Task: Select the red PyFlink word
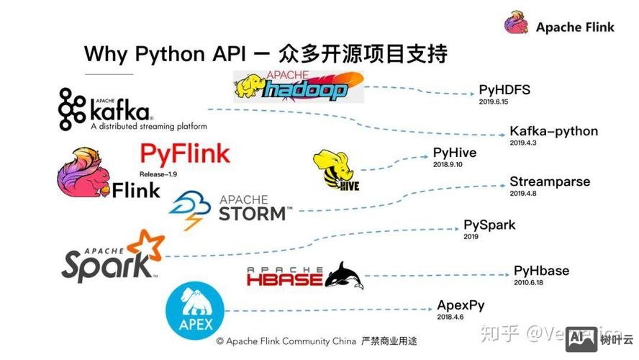point(185,153)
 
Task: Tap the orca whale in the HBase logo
point(344,276)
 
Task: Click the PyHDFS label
point(504,90)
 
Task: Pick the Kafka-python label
point(553,131)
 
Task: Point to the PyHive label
point(454,153)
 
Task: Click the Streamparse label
point(550,181)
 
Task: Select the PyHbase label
point(541,271)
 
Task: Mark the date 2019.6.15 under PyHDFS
point(494,102)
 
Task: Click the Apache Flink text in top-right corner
point(575,27)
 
